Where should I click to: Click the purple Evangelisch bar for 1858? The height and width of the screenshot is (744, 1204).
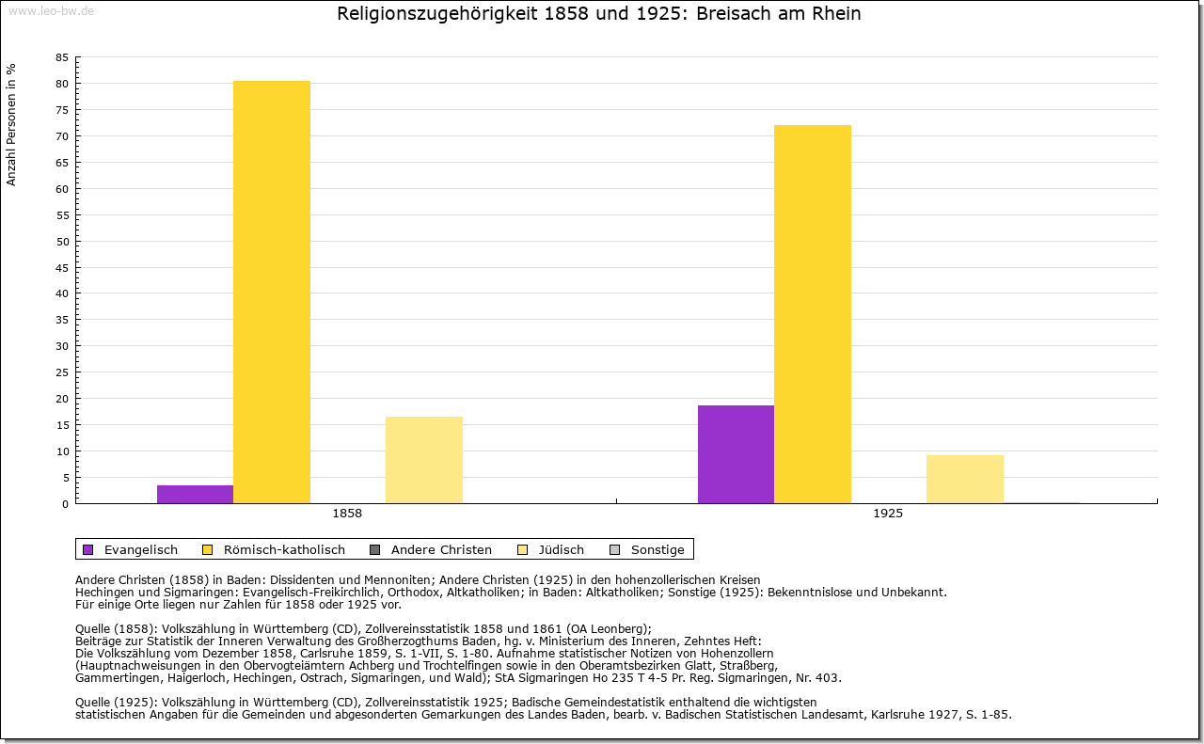[195, 494]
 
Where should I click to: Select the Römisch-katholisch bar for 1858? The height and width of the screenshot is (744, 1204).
[272, 292]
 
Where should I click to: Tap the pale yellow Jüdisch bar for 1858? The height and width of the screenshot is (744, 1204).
[424, 460]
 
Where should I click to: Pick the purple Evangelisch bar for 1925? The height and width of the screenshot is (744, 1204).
[736, 454]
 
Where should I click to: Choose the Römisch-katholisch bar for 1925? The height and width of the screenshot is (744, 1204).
[813, 314]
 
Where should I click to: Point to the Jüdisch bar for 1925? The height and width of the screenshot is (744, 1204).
[965, 479]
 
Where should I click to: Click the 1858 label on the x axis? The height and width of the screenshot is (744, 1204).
[347, 514]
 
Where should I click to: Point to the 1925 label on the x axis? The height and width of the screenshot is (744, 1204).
[888, 514]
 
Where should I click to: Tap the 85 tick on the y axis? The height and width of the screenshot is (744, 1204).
[62, 57]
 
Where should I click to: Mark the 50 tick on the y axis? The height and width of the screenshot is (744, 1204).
[62, 241]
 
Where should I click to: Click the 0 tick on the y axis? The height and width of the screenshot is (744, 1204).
[65, 503]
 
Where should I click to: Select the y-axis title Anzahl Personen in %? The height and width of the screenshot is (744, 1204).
[11, 124]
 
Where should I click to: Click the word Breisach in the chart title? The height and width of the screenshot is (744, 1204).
[732, 14]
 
